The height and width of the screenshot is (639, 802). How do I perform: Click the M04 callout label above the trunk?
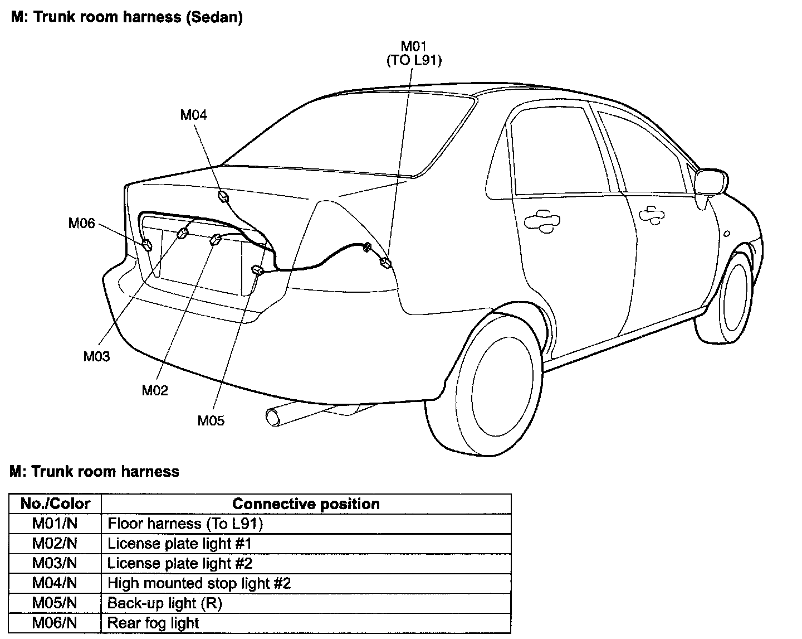point(193,115)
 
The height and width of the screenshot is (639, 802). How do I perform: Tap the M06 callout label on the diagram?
point(81,223)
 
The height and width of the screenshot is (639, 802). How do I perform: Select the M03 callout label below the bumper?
point(96,356)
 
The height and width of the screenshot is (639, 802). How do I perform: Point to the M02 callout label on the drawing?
point(154,390)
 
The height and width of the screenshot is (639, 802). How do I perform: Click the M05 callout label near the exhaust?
point(211,420)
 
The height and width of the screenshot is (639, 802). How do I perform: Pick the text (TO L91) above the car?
point(414,61)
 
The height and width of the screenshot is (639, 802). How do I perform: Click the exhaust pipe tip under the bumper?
point(273,417)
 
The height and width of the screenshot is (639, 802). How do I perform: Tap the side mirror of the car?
point(708,182)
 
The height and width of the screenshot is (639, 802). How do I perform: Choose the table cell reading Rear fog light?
point(153,623)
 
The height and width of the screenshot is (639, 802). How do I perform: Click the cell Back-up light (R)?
point(164,603)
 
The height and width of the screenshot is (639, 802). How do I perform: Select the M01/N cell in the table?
point(55,524)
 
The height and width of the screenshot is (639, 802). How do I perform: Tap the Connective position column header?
point(306,504)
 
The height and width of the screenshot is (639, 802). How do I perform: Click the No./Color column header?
point(55,504)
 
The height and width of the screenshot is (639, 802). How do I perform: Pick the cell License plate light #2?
point(180,563)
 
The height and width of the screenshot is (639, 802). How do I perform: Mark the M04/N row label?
point(55,583)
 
